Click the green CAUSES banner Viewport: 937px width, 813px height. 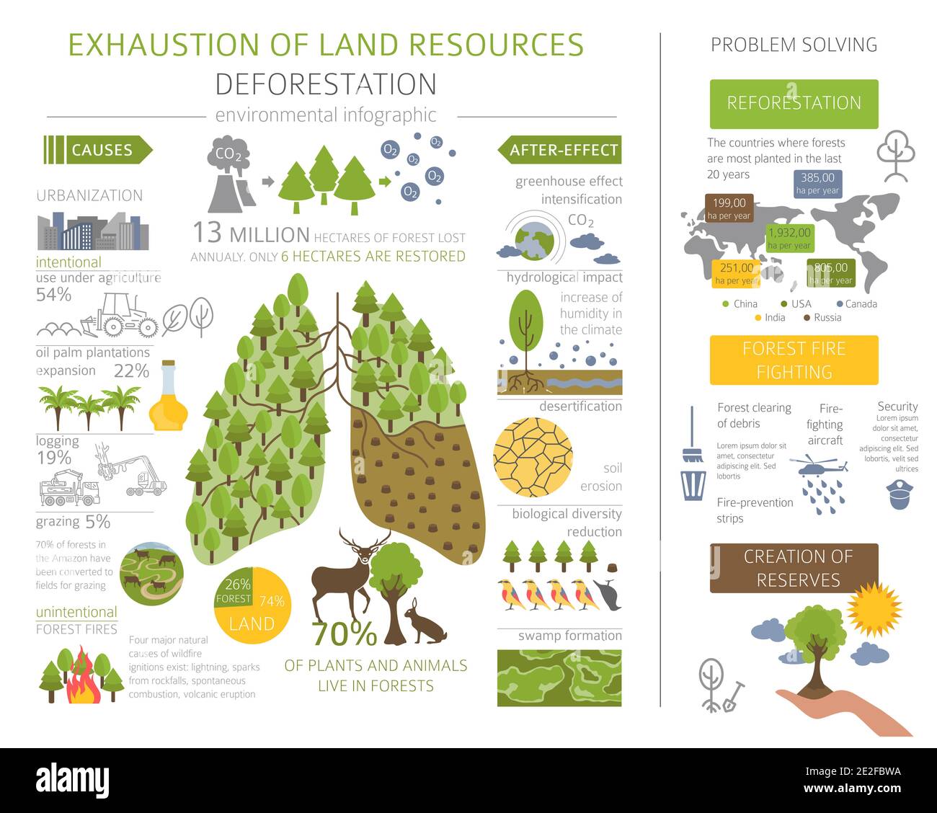101,150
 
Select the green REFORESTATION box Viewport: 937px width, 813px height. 794,103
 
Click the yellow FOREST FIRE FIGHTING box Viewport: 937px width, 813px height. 794,360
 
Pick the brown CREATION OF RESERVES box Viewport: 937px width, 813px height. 794,568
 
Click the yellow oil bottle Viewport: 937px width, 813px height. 168,400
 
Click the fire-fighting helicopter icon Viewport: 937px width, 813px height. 817,467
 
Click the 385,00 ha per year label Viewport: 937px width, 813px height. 817,183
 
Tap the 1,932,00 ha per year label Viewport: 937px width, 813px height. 789,239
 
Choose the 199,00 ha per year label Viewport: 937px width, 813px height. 729,208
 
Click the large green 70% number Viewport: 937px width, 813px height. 345,634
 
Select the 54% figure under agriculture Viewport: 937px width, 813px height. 54,294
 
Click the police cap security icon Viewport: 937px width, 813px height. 900,497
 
